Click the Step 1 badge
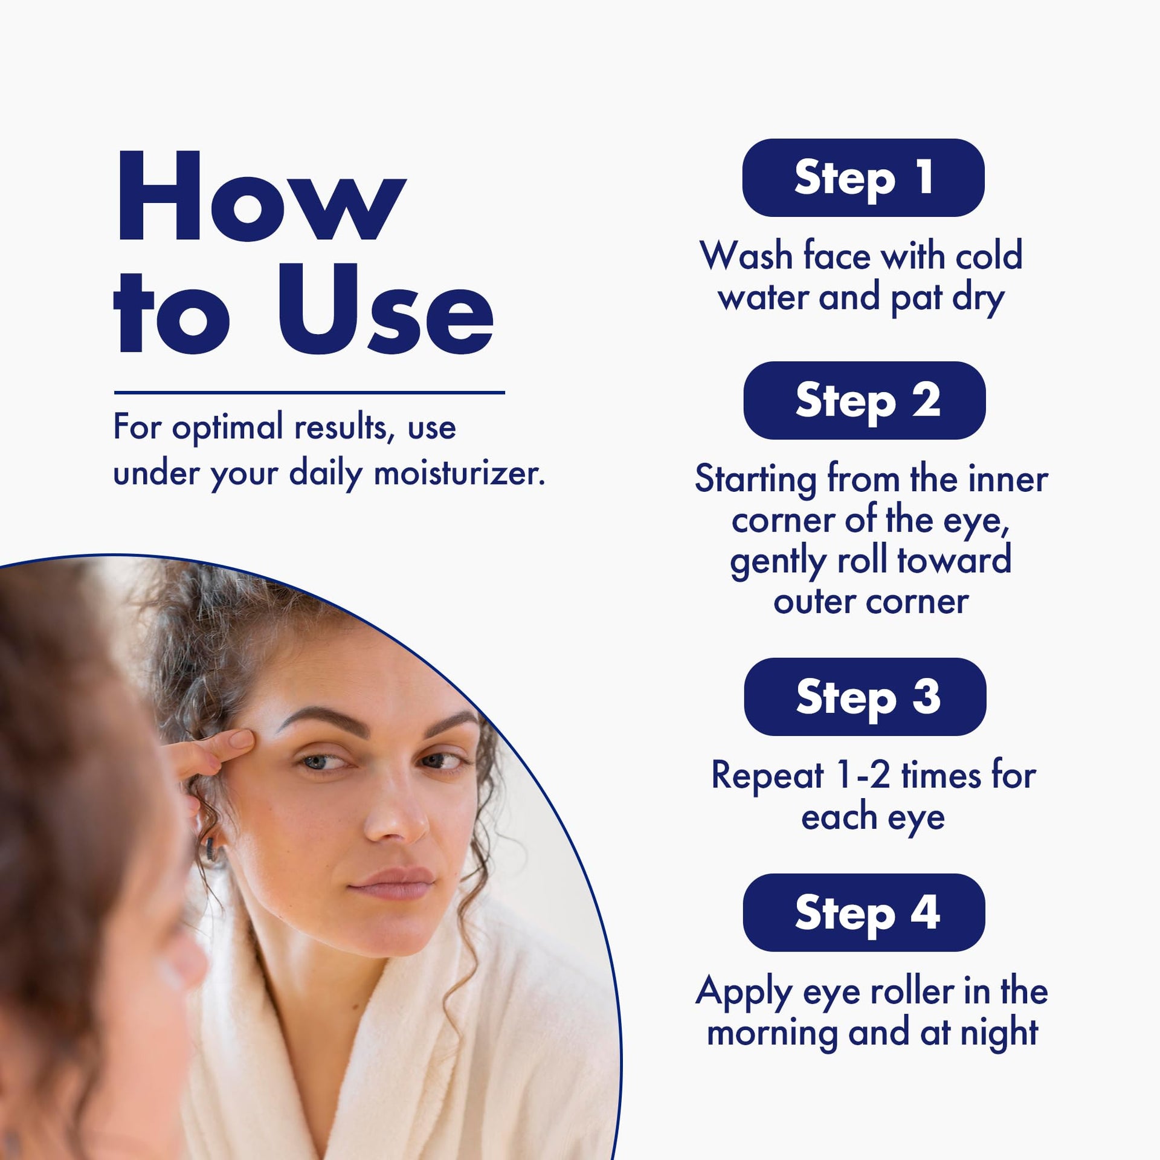coord(863,178)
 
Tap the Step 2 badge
coord(865,400)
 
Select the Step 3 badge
coord(865,697)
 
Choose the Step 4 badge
coord(864,912)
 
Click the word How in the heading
coord(261,196)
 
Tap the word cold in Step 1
coord(989,255)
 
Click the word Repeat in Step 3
coord(767,777)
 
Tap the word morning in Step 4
coord(772,1034)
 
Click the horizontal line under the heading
coord(309,393)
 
